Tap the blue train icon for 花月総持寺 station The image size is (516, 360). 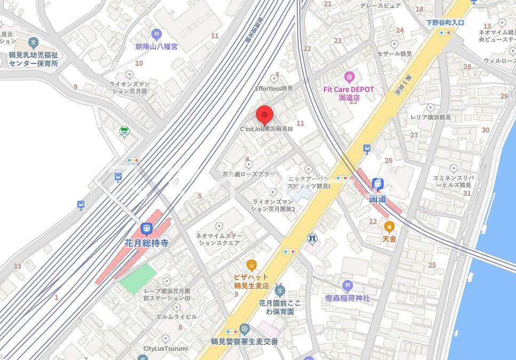point(146,229)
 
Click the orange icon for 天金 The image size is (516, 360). point(390,226)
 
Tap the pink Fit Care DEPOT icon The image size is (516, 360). point(349,77)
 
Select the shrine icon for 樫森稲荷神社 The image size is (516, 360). point(348,286)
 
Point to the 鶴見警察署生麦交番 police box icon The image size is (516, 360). point(244,329)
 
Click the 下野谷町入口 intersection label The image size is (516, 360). point(445,23)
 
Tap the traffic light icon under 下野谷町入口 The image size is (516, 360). point(444,33)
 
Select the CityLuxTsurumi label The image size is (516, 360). point(165,348)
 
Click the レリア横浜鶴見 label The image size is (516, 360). point(431,117)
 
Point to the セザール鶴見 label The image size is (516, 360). point(394,54)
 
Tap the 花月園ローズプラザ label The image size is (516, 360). point(249,174)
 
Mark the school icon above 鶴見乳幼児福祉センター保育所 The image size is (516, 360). point(33,43)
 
